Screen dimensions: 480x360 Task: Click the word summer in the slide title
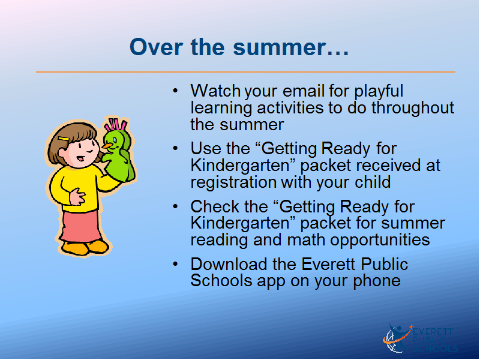pos(279,47)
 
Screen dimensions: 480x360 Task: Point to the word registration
pos(233,182)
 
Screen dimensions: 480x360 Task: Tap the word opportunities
pos(380,240)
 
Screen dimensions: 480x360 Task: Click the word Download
pos(229,264)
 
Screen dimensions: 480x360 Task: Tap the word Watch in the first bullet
pos(215,91)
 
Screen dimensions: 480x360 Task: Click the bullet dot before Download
pos(175,264)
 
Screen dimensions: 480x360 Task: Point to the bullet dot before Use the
pos(175,148)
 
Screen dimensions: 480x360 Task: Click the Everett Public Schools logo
pos(420,338)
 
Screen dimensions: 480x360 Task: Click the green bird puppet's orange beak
pos(107,146)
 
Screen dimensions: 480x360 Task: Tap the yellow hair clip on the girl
pos(64,139)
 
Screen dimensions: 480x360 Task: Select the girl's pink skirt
pos(81,226)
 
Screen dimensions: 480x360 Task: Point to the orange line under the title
pos(245,72)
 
